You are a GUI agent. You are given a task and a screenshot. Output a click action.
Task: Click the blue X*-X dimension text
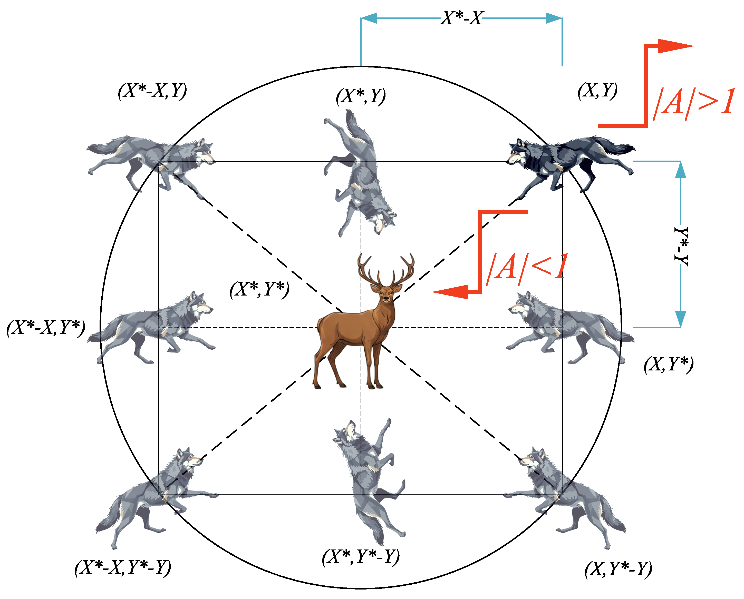point(462,18)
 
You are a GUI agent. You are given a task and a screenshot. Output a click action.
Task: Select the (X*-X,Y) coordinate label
point(152,91)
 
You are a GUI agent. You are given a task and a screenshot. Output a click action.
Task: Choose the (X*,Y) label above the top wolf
point(361,96)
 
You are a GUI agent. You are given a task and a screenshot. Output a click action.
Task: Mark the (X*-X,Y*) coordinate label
point(46,327)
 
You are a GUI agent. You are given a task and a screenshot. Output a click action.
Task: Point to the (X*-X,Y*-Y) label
point(123,568)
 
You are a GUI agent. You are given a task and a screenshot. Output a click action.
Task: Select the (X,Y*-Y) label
point(618,569)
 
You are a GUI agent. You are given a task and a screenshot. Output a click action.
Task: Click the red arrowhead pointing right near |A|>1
point(673,46)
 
